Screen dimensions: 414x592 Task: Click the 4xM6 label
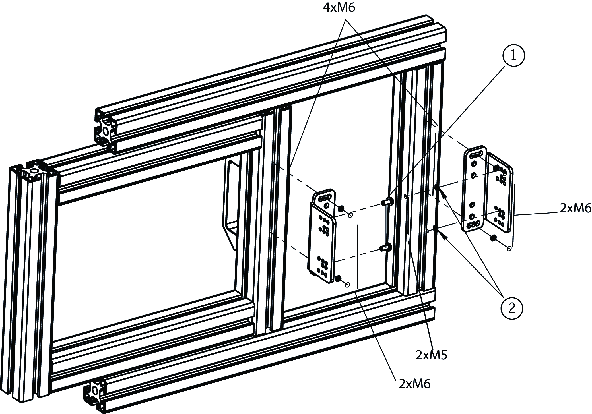click(x=339, y=8)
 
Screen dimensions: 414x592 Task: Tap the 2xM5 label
click(x=431, y=355)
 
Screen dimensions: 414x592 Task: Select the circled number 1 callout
click(x=513, y=56)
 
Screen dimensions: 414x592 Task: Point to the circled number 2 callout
click(x=511, y=308)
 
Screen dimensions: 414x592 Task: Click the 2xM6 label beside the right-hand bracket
click(x=575, y=208)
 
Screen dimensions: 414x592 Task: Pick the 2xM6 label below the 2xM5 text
click(x=414, y=384)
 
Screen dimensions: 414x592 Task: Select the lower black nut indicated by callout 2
click(x=435, y=228)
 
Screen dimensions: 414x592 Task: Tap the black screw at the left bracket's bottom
click(x=338, y=279)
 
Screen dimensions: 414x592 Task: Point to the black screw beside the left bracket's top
click(x=341, y=209)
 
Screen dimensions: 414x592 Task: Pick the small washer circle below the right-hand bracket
click(x=509, y=249)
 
